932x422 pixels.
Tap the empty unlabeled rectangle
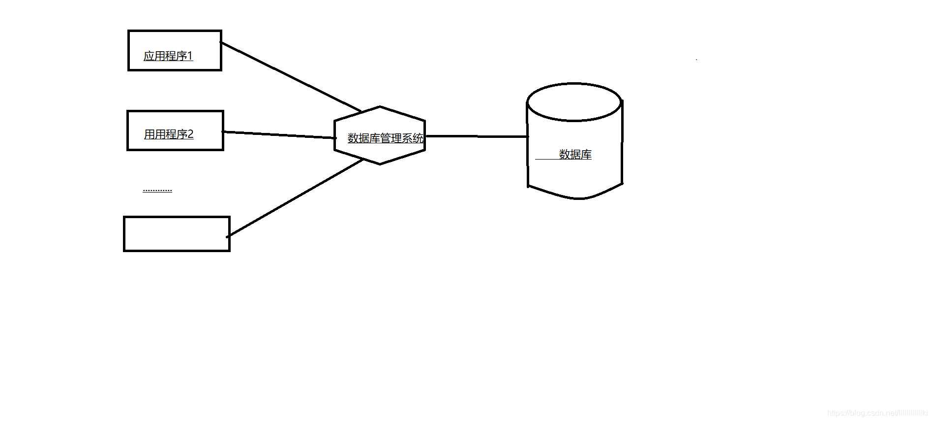[177, 234]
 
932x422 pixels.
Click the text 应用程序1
[168, 56]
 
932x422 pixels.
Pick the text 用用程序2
[168, 134]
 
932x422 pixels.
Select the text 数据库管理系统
[385, 138]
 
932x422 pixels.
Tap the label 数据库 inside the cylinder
[575, 155]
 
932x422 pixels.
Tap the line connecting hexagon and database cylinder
[476, 136]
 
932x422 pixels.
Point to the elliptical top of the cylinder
[574, 102]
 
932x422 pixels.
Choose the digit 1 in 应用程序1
[190, 56]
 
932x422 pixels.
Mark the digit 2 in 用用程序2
[190, 134]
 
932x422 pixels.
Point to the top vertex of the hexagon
[380, 106]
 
